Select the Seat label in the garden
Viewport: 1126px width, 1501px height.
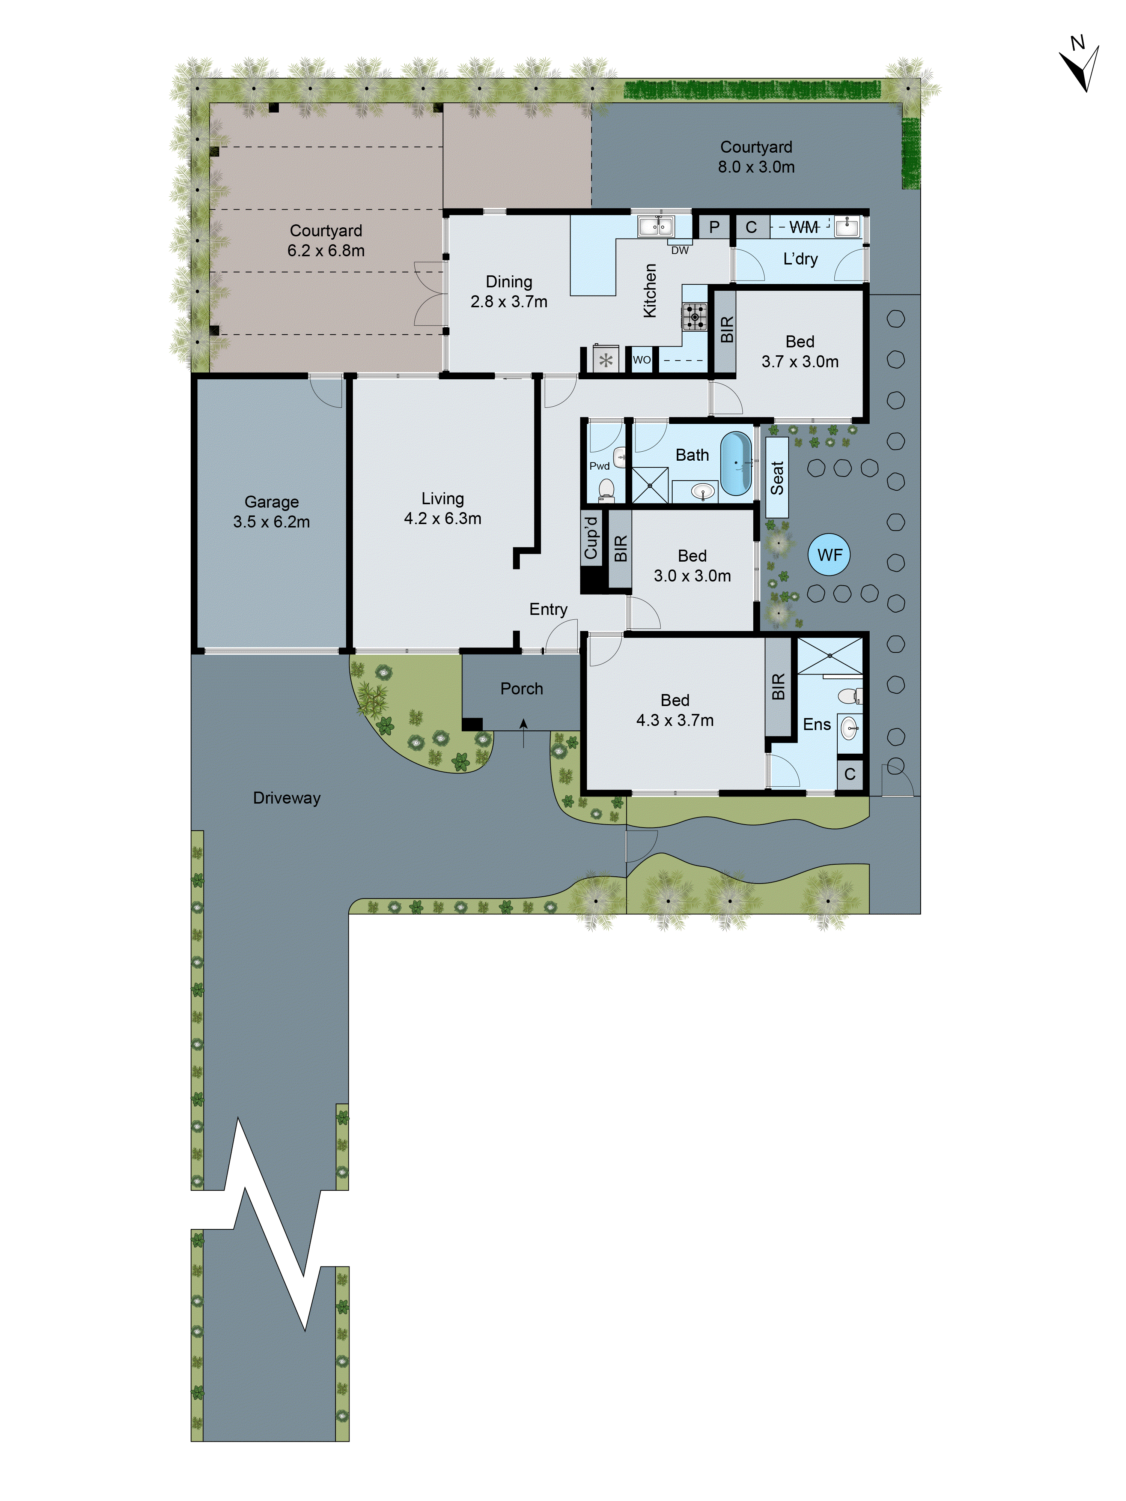pos(777,478)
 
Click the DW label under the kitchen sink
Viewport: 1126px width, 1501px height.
pos(679,250)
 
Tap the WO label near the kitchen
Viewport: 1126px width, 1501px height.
pos(641,360)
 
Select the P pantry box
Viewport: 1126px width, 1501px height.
pos(714,227)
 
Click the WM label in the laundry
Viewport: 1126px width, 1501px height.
pos(804,227)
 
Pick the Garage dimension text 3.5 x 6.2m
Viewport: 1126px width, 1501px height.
pos(271,522)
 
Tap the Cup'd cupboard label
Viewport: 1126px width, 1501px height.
pos(591,538)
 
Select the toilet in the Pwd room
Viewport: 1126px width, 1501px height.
pos(606,488)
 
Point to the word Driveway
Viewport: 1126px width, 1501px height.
pos(286,798)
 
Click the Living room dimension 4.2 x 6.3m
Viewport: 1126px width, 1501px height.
pos(443,518)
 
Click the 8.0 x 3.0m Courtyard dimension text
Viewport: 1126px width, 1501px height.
pos(756,167)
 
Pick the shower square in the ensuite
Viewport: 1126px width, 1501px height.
pos(829,656)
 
